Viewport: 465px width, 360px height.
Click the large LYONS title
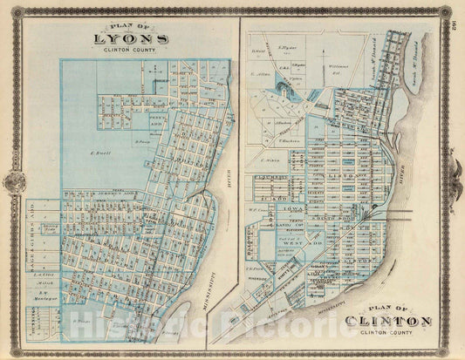click(131, 39)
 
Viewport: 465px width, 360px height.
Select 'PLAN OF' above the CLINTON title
click(388, 308)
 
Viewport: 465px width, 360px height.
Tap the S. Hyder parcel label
click(287, 40)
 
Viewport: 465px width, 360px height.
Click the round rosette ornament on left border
click(13, 180)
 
